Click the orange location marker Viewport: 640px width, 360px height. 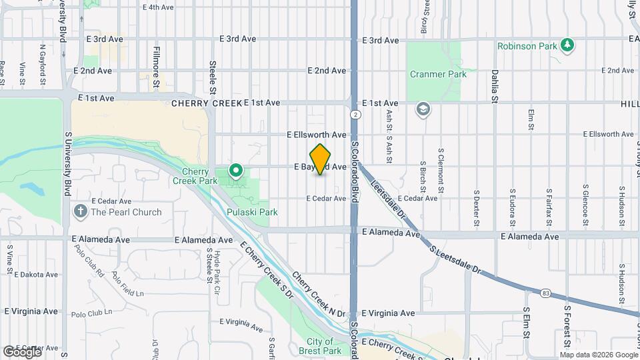click(x=321, y=159)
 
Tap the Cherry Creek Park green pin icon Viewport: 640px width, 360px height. click(x=235, y=171)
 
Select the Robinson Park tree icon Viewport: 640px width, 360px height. click(x=567, y=45)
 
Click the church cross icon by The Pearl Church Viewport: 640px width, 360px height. click(x=81, y=212)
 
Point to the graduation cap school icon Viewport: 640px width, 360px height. click(x=423, y=109)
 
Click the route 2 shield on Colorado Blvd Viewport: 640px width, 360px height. click(x=357, y=115)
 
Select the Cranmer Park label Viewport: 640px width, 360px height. click(x=438, y=75)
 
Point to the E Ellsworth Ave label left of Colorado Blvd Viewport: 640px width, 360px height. click(x=317, y=135)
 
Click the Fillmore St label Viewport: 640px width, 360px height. click(x=157, y=67)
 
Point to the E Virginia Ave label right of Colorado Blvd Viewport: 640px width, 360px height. click(x=388, y=313)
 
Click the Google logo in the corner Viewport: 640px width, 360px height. click(x=22, y=352)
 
